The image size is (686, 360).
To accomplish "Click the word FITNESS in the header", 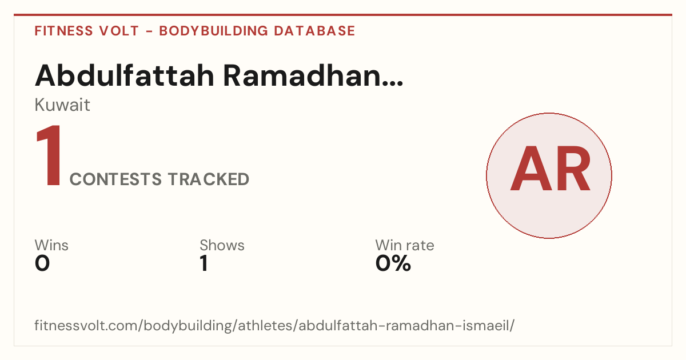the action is pos(63,31).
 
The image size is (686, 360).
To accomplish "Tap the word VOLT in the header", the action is pos(119,31).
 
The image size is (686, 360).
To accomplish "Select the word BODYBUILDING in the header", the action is pos(213,31).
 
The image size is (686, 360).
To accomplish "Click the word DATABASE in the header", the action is pos(314,31).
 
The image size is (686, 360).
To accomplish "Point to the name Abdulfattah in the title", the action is pos(125,75).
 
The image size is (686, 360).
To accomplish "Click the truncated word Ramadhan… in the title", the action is pos(313,75).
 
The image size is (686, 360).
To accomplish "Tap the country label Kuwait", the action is pos(62,105).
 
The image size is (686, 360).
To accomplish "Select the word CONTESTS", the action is pos(115,179).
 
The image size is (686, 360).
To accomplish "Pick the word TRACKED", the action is pos(209,179).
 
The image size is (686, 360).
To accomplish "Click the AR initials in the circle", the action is pos(550,169).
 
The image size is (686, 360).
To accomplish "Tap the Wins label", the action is pos(51,245).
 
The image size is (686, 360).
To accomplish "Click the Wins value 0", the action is pos(42,263).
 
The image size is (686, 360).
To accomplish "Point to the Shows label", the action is pos(222,245).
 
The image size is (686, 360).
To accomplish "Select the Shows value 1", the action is pos(204,263).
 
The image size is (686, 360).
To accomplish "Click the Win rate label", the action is pos(405,245).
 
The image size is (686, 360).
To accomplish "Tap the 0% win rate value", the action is pos(393,263).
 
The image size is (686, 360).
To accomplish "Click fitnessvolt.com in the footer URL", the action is pos(86,325).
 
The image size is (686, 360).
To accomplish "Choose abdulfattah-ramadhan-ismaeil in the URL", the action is pos(403,325).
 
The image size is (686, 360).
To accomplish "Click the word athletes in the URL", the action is pos(265,325).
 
